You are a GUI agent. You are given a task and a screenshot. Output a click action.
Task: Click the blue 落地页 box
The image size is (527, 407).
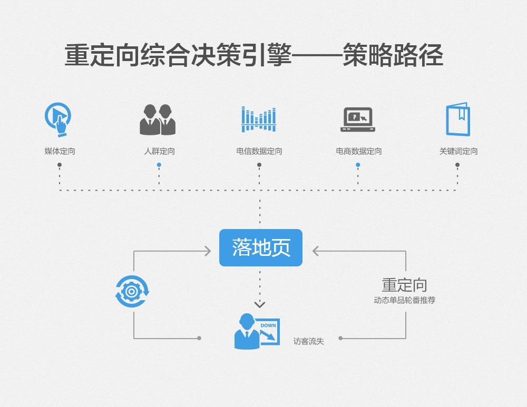tap(260, 247)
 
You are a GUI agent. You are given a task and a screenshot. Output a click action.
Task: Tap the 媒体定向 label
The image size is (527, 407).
tap(60, 151)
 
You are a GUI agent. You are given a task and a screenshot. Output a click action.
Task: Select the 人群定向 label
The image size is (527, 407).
tap(159, 151)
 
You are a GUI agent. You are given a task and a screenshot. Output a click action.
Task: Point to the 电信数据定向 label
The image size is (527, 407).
tap(259, 151)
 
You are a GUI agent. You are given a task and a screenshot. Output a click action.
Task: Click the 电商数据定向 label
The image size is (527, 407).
tap(358, 151)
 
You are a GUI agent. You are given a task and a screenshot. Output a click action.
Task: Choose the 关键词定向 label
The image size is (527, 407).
tap(458, 151)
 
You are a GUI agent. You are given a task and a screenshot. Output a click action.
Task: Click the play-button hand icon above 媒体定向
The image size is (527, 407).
tap(58, 119)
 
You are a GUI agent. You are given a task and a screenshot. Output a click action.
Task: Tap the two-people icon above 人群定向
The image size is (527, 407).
tap(158, 120)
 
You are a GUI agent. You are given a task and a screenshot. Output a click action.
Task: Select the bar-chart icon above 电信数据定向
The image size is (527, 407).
tap(259, 120)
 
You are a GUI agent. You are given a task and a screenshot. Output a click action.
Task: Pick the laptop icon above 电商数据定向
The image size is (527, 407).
tap(358, 120)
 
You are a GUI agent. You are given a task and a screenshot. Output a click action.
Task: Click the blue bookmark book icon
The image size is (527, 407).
tap(457, 120)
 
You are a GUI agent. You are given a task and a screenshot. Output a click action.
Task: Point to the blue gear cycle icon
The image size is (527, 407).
tap(132, 291)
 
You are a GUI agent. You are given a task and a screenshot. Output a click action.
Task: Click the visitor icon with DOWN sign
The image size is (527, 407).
tap(256, 332)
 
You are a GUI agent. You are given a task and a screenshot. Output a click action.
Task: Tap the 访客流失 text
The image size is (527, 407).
tap(308, 341)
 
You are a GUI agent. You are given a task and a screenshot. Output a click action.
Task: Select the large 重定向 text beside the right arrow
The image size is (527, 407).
tap(404, 285)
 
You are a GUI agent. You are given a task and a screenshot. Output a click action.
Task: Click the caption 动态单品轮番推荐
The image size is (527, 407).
tap(404, 300)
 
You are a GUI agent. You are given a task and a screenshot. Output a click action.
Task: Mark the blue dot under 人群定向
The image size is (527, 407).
tap(159, 165)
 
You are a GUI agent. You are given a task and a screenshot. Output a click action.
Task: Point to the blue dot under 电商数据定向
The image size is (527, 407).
tap(358, 165)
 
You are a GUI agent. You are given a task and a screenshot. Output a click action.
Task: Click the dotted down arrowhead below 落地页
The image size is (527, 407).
tap(260, 304)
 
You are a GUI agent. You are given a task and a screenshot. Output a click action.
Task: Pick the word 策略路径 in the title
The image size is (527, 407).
tap(393, 55)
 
